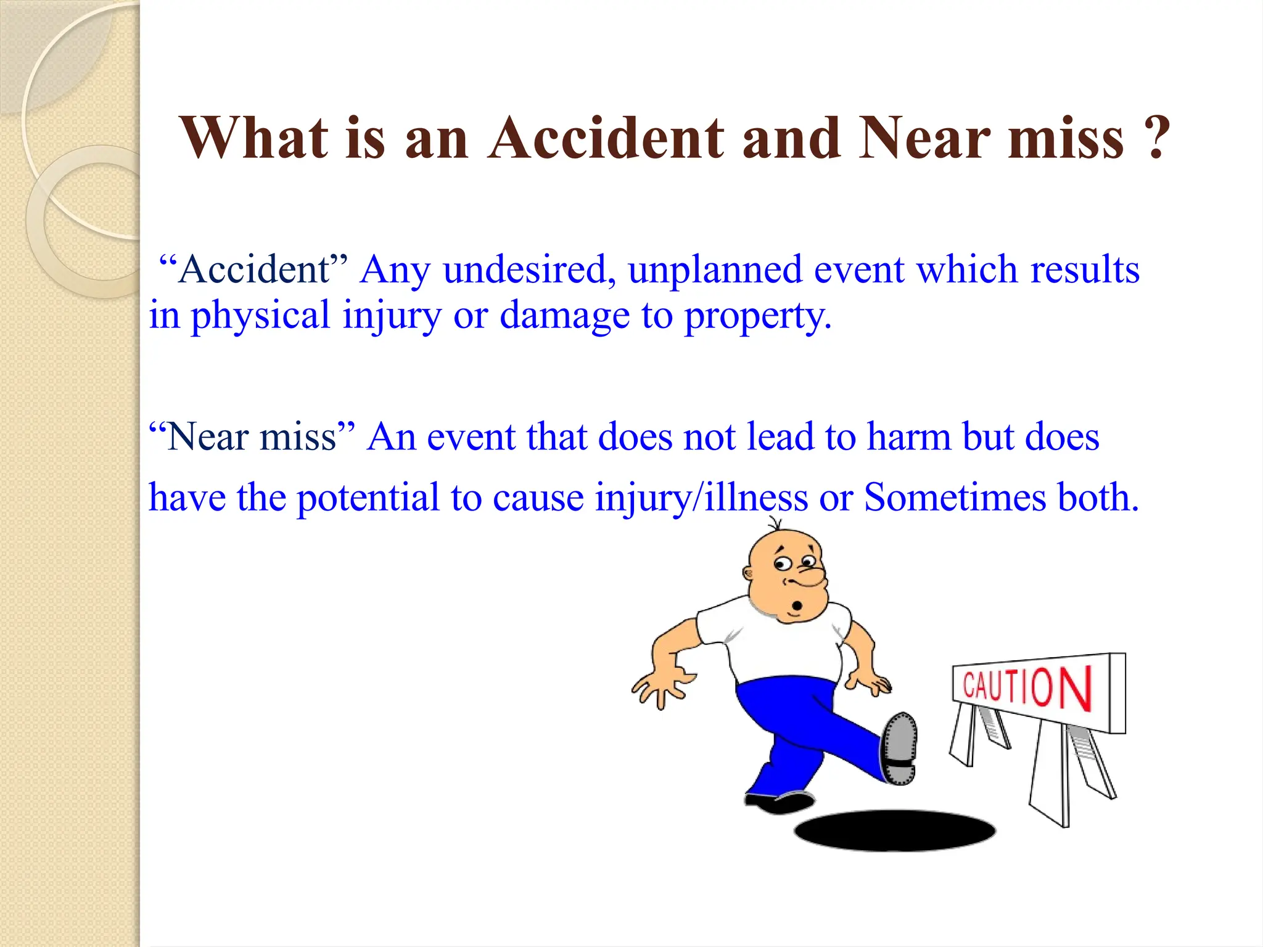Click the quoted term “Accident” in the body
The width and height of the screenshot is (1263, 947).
pos(253,269)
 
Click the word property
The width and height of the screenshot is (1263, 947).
pos(757,316)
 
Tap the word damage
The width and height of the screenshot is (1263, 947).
pos(564,316)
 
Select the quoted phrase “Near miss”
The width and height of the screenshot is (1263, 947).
pos(253,437)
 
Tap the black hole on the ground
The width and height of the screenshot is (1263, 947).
pos(894,831)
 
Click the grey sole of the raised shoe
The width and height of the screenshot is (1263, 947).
pos(900,747)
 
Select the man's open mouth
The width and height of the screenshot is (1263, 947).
pos(797,605)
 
